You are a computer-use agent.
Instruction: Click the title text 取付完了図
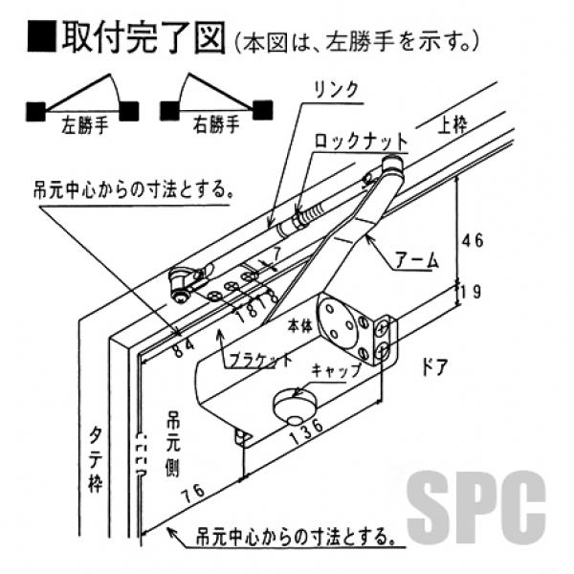point(142,37)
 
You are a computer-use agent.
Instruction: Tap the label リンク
point(334,89)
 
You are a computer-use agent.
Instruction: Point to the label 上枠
point(454,124)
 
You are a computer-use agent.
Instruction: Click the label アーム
point(417,258)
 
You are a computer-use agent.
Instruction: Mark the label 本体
point(299,325)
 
